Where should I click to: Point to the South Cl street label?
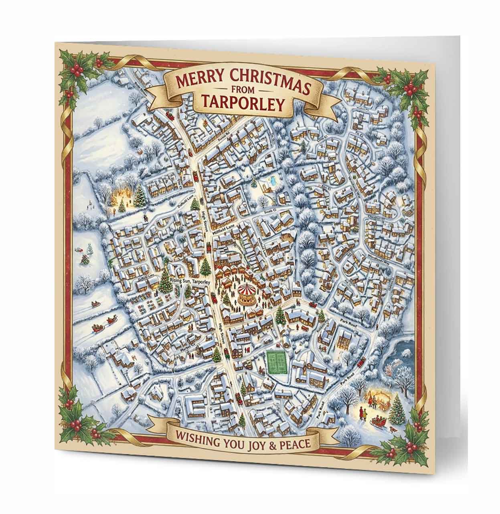274,211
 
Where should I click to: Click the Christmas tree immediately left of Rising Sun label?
165,281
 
